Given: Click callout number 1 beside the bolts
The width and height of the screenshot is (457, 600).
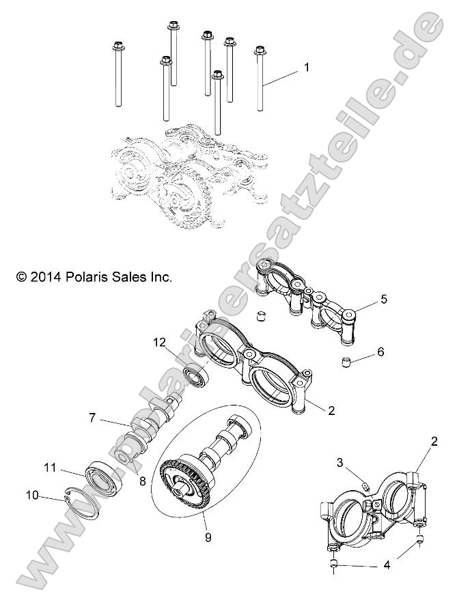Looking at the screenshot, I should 307,68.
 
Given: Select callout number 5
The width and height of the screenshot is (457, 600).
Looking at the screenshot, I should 383,298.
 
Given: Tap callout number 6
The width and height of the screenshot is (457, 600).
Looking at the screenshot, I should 380,352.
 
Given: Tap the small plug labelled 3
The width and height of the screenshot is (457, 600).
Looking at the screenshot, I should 365,486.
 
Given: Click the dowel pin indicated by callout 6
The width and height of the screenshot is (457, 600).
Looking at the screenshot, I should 348,360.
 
